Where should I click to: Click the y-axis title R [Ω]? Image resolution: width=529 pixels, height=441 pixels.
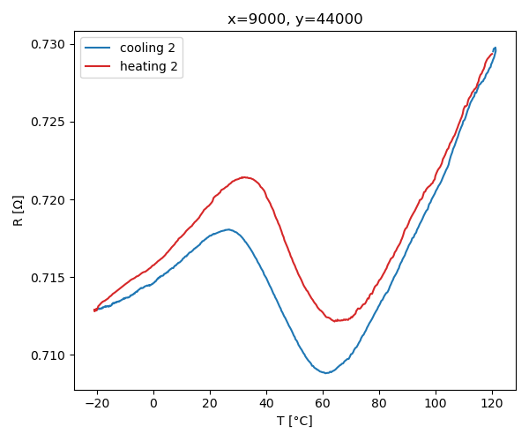click(x=18, y=210)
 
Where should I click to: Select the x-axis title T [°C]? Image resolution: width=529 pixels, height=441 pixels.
click(x=294, y=421)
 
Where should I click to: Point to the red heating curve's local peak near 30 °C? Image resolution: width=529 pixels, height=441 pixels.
click(x=244, y=177)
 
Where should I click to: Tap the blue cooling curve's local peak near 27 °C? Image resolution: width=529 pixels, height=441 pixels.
click(x=228, y=229)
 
